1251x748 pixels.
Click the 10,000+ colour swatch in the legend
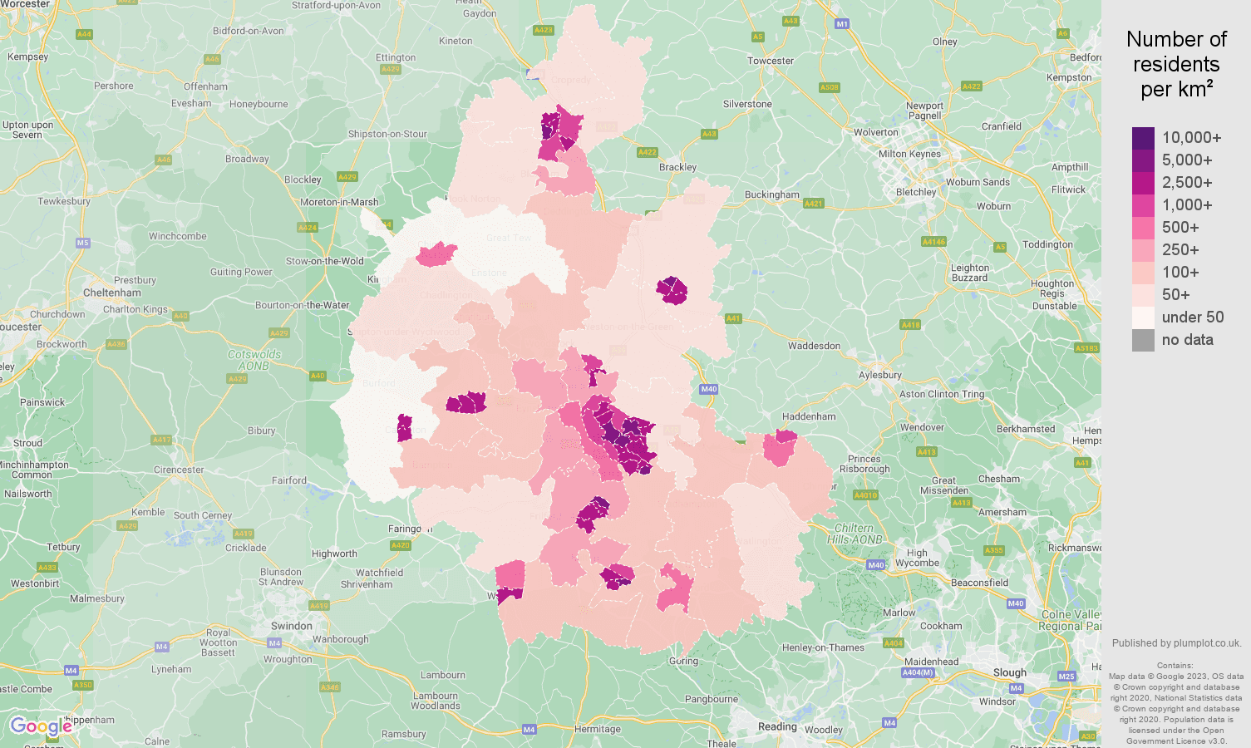[1143, 138]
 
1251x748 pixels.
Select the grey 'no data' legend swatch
[1143, 340]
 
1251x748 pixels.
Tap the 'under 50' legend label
[1192, 317]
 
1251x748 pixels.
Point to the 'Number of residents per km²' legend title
[1176, 64]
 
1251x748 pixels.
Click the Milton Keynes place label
[909, 154]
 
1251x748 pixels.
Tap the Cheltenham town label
[112, 293]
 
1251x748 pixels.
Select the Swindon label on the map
[292, 626]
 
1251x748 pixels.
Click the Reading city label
[777, 726]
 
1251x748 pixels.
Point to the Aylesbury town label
[879, 375]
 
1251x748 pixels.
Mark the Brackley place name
[677, 167]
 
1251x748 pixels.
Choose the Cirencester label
[179, 470]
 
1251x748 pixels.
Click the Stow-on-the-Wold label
[325, 261]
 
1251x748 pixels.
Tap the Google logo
[41, 726]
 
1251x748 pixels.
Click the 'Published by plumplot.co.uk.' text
[1176, 643]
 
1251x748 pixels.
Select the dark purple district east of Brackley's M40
[672, 291]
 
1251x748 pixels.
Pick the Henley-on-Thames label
[823, 647]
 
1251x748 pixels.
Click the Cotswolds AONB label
[254, 360]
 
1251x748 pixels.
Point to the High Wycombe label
[917, 558]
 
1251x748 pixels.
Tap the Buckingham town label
[771, 194]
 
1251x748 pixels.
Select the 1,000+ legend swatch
[1143, 205]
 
